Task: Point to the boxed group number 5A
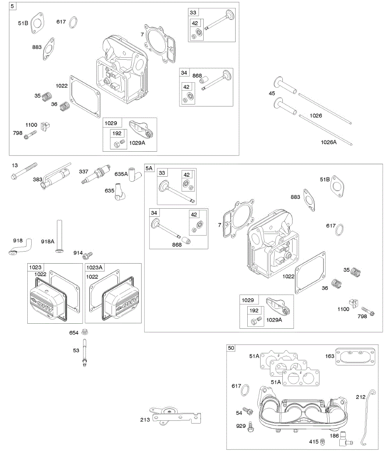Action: (x=149, y=168)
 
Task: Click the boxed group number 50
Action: (x=231, y=348)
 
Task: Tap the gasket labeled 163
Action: (x=355, y=356)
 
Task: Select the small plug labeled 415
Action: (x=323, y=441)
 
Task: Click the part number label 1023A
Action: (x=95, y=267)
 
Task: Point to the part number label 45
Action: (x=272, y=94)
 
